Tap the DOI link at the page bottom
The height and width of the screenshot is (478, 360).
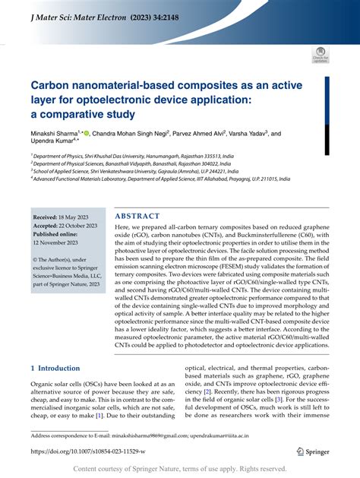98,451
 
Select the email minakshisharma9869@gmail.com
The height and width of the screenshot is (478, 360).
163,435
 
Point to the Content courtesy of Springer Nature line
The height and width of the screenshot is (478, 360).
180,469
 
